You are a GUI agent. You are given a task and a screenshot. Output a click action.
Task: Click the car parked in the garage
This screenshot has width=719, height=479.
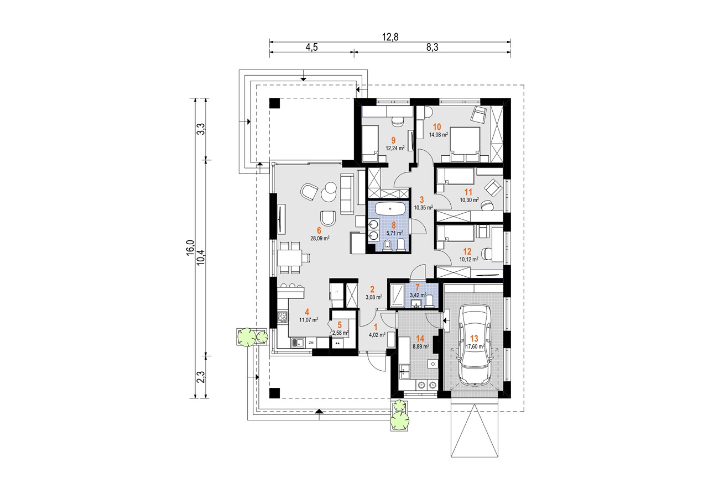click(475, 345)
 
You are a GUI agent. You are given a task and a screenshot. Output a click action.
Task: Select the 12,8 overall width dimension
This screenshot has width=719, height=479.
click(390, 37)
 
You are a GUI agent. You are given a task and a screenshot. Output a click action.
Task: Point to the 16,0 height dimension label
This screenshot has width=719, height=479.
click(190, 248)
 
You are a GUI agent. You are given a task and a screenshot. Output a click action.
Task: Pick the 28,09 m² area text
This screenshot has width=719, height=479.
click(320, 238)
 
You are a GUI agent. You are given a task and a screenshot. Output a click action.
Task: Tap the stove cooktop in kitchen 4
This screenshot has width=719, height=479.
click(58, 317)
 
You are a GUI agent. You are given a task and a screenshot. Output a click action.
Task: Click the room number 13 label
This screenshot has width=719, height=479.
click(474, 338)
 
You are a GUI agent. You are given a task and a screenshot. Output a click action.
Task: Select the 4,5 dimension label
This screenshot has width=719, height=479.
click(311, 47)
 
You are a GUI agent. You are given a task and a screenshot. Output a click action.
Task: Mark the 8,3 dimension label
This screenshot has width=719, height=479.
click(432, 47)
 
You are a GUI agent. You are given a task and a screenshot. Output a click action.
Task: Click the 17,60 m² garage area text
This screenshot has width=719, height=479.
click(475, 346)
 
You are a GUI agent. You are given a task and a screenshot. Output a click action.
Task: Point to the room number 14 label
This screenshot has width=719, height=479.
click(420, 339)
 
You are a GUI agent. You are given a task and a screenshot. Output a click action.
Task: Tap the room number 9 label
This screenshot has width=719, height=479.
click(393, 140)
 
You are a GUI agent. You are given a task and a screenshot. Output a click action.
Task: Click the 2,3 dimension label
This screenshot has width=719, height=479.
click(201, 377)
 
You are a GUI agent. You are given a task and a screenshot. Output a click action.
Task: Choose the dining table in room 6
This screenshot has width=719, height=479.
click(65, 257)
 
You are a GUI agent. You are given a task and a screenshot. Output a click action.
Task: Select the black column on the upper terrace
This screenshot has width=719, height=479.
click(275, 103)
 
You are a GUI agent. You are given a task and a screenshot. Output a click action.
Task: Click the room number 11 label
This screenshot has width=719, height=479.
click(468, 192)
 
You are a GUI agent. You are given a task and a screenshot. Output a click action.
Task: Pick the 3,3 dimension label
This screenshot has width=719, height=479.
click(201, 129)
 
